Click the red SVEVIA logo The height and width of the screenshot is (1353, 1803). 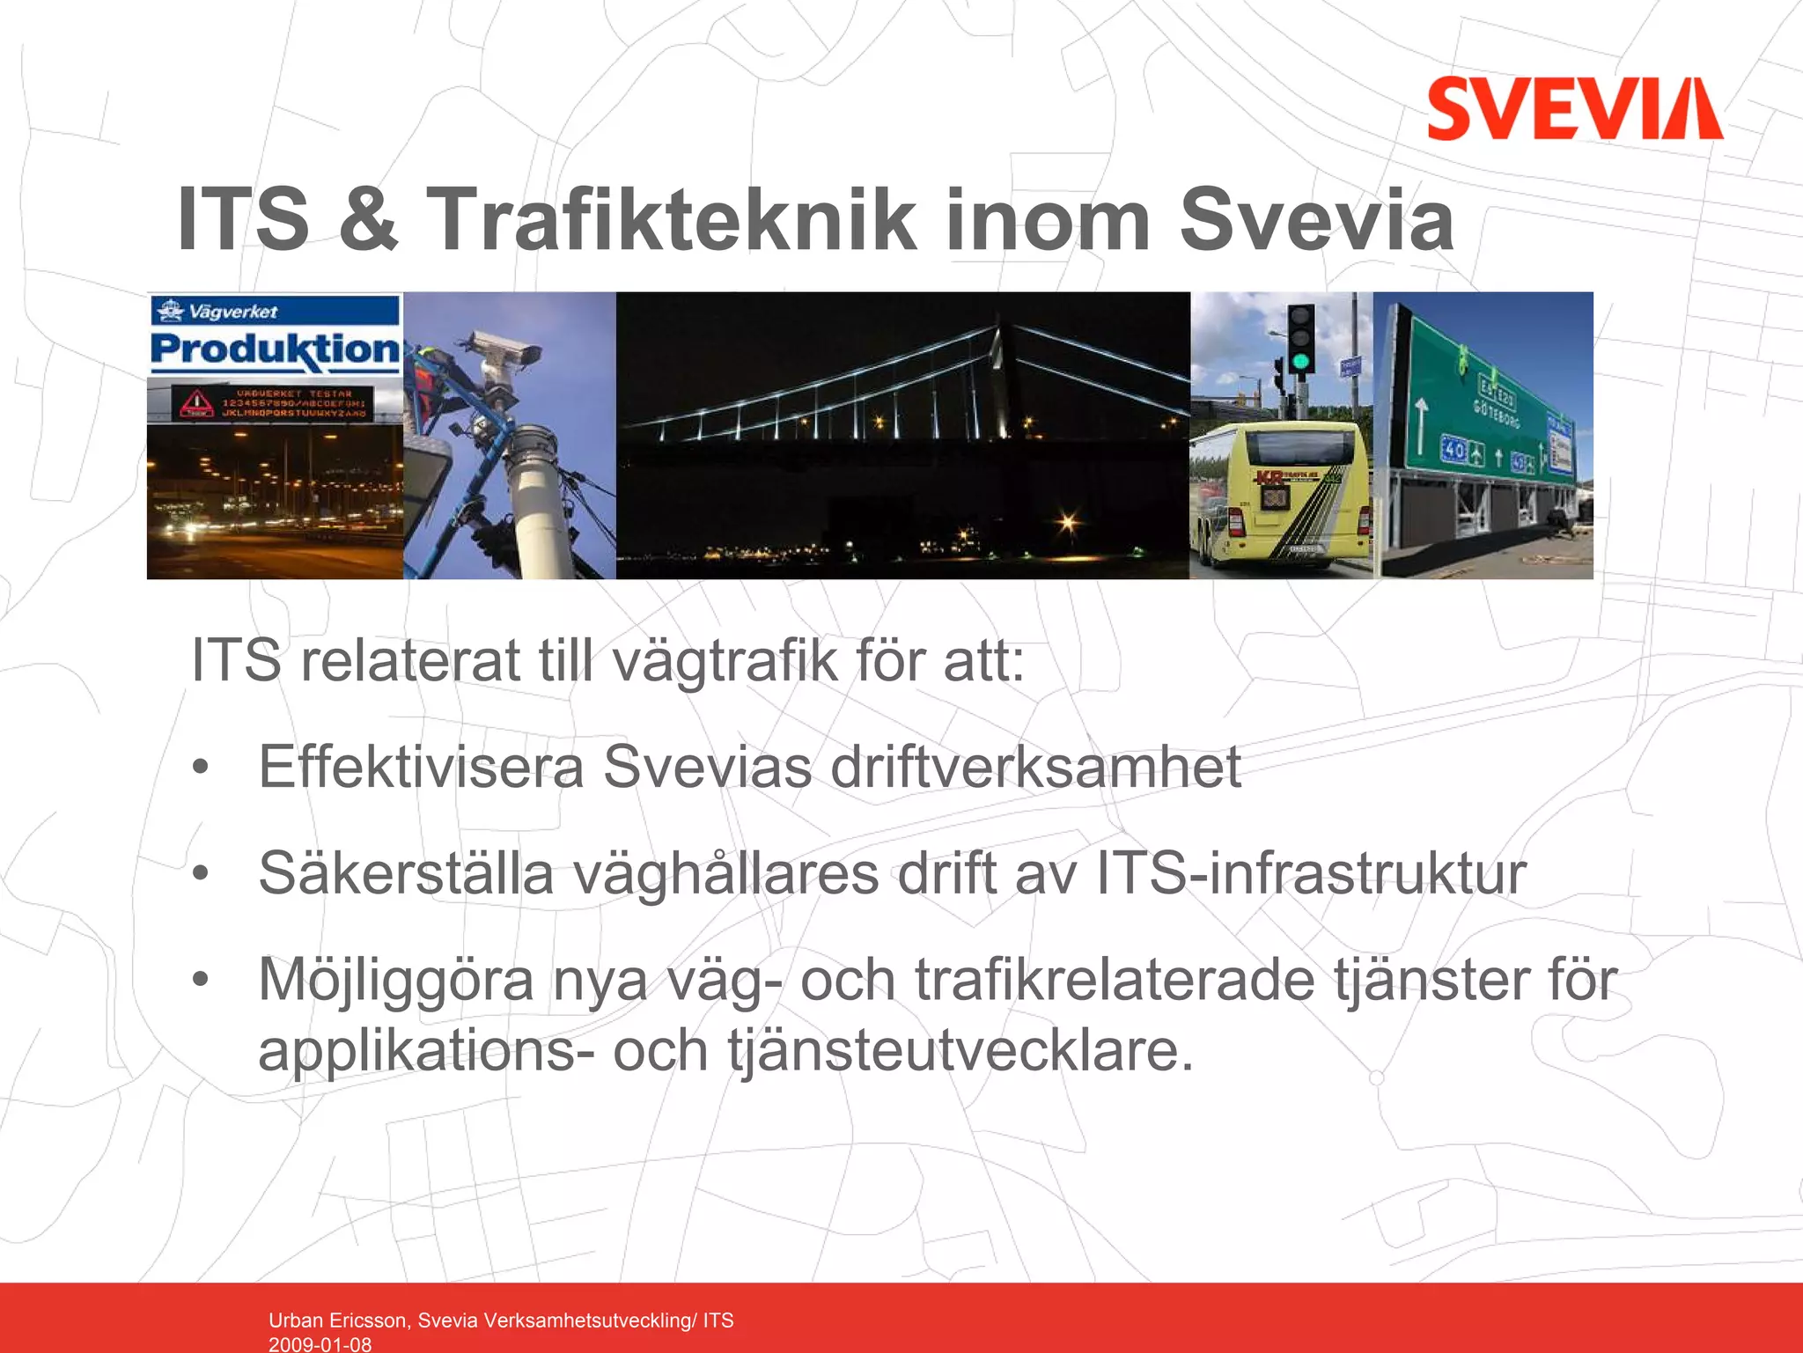coord(1574,109)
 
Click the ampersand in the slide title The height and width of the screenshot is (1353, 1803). coord(367,220)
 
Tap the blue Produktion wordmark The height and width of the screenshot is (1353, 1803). coord(275,349)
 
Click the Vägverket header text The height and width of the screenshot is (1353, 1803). coord(232,312)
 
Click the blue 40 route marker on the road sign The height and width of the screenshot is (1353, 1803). coord(1453,451)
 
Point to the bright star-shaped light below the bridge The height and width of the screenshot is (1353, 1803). coord(1068,524)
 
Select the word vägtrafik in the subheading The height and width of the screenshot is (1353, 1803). coord(725,661)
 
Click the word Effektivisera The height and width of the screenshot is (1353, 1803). coord(421,767)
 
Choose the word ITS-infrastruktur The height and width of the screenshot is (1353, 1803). coord(1311,873)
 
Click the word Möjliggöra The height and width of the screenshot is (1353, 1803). coord(396,980)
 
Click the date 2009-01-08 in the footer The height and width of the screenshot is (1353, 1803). coord(320,1344)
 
